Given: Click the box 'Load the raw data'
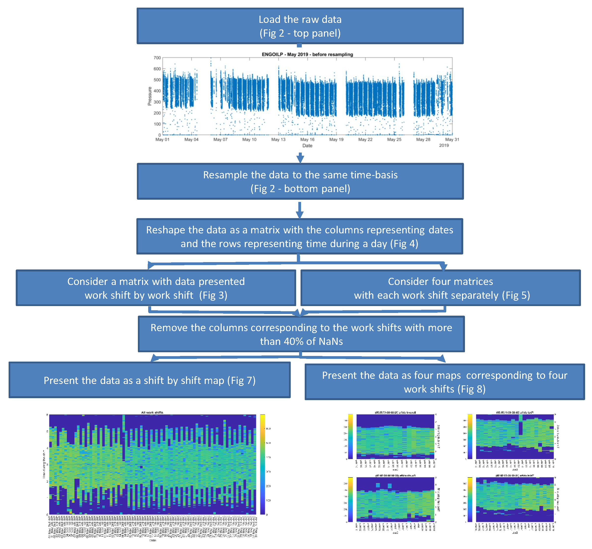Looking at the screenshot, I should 300,26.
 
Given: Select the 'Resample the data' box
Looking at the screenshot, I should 300,181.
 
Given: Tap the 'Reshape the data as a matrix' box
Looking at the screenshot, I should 299,237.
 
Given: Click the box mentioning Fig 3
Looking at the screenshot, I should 156,288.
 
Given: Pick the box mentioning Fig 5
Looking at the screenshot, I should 440,288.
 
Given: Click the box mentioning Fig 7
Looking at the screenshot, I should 149,380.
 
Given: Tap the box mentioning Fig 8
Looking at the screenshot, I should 444,382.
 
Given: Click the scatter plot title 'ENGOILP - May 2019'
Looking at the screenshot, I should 307,54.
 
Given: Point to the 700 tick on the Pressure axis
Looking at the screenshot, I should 157,58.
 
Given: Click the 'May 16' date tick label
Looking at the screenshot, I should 307,139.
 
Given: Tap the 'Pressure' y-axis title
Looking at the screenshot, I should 149,96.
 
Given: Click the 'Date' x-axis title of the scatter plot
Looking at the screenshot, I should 307,146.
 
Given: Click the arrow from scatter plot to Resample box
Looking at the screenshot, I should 300,157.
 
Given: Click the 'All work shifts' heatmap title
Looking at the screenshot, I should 152,412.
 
